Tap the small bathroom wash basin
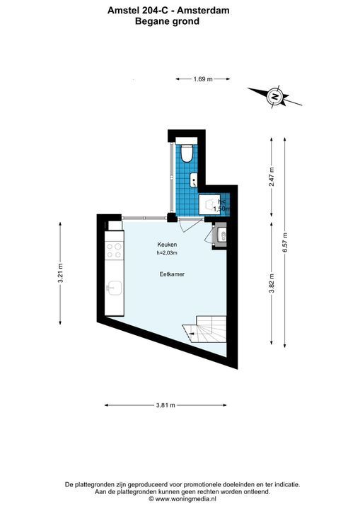pyautogui.click(x=194, y=180)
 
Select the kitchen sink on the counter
pyautogui.click(x=115, y=288)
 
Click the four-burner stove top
pyautogui.click(x=114, y=251)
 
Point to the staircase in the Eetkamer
pyautogui.click(x=204, y=330)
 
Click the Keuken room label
pyautogui.click(x=167, y=245)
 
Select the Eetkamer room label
pyautogui.click(x=172, y=274)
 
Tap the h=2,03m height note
pyautogui.click(x=167, y=253)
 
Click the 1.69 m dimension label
pyautogui.click(x=203, y=79)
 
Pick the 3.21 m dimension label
pyautogui.click(x=60, y=273)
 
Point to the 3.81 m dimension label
pyautogui.click(x=166, y=405)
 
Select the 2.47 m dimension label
pyautogui.click(x=272, y=176)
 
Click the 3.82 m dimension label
pyautogui.click(x=272, y=283)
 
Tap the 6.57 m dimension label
pyautogui.click(x=285, y=242)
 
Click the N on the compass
pyautogui.click(x=276, y=96)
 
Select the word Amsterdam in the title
pyautogui.click(x=203, y=11)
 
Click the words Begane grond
pyautogui.click(x=167, y=21)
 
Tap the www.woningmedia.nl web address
pyautogui.click(x=185, y=499)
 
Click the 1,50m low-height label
pyautogui.click(x=221, y=209)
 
